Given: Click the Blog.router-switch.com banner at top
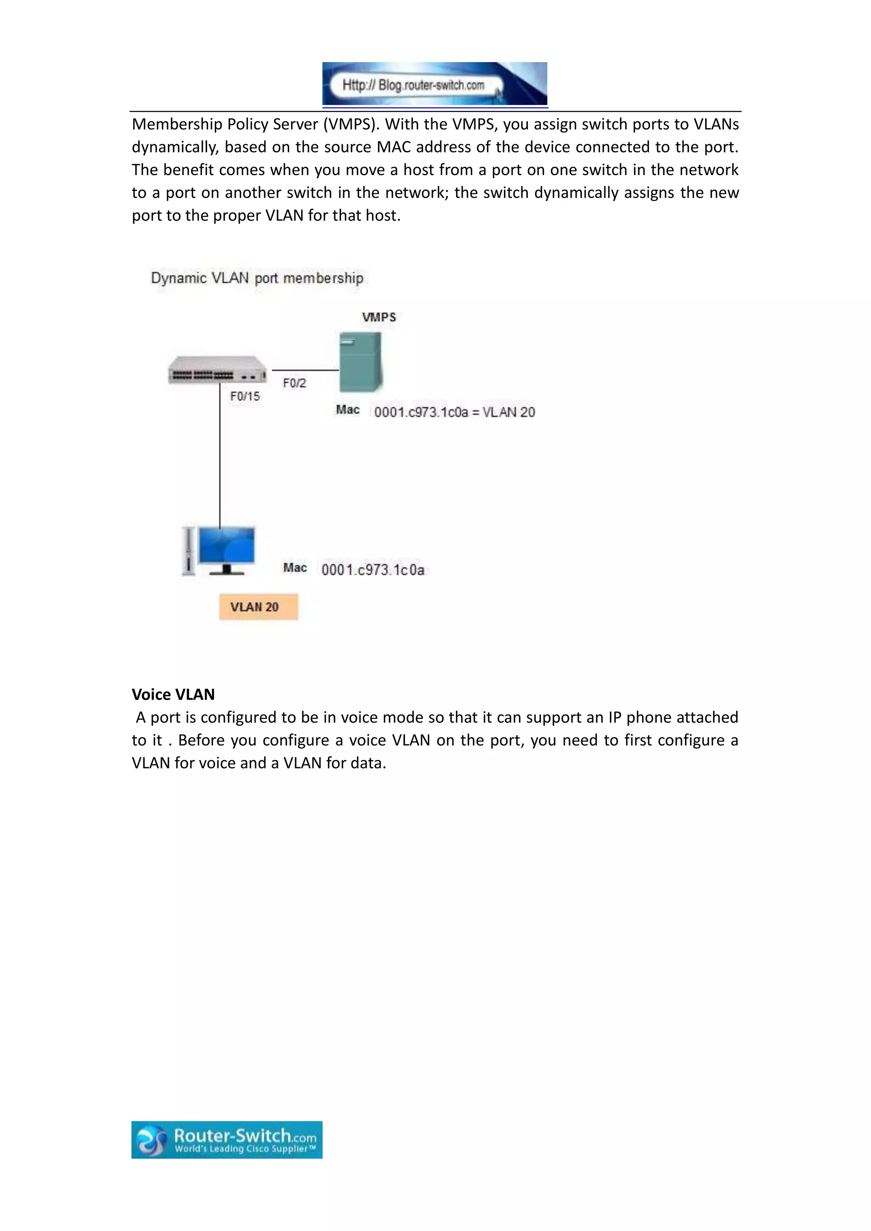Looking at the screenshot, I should click(x=434, y=84).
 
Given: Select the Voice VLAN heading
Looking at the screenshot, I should click(x=173, y=694).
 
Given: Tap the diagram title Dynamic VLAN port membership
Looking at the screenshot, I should click(x=257, y=278).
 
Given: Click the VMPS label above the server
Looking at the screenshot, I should click(x=379, y=317).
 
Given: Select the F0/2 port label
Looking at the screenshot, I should click(x=294, y=383).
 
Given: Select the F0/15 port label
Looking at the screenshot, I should click(x=245, y=396).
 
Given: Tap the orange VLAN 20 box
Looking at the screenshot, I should click(x=259, y=607).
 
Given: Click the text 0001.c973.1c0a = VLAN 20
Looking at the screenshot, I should click(x=454, y=412).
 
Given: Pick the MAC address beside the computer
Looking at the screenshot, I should click(x=373, y=570).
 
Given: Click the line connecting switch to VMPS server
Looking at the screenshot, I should click(x=305, y=370).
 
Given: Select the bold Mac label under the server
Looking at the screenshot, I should click(x=347, y=410).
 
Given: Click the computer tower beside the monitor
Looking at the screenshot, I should click(x=188, y=551).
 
